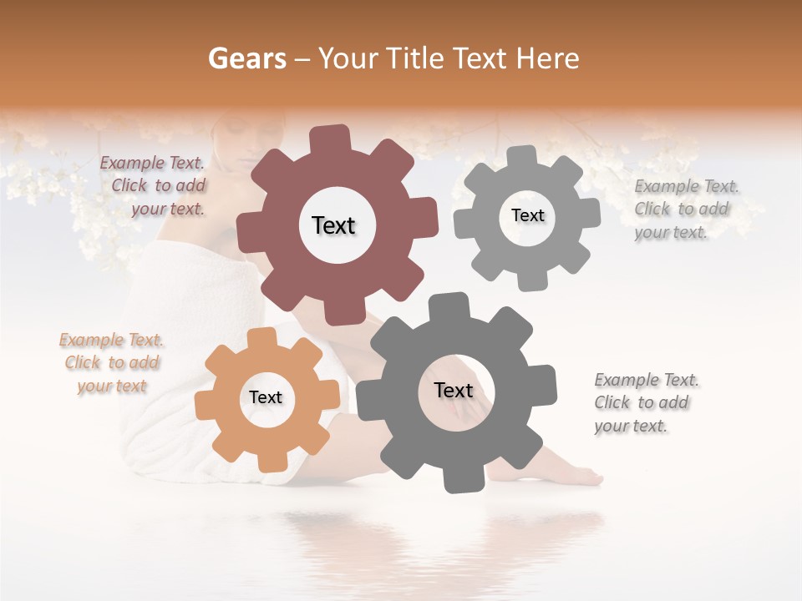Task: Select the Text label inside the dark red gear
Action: click(x=333, y=225)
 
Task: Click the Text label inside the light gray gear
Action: click(x=527, y=215)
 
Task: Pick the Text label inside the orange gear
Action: click(x=266, y=398)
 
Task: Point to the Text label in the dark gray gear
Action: click(x=454, y=391)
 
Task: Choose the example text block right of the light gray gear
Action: click(x=685, y=210)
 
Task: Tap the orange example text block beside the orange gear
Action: click(x=112, y=363)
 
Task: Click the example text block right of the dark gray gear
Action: click(x=645, y=403)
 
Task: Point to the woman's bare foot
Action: click(x=576, y=474)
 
